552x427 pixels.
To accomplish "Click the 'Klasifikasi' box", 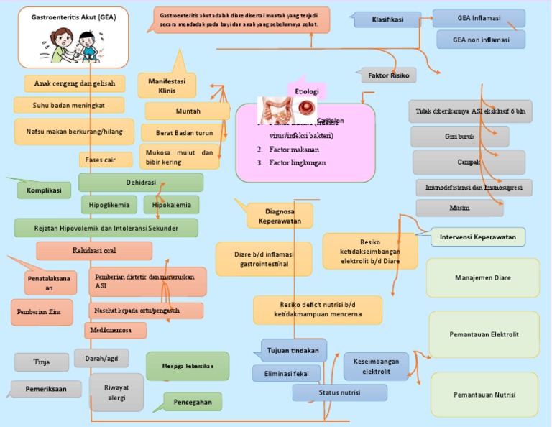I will pyautogui.click(x=387, y=19).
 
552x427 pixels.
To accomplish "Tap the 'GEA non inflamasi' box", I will pyautogui.click(x=482, y=40).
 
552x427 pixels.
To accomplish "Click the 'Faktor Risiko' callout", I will pyautogui.click(x=388, y=75).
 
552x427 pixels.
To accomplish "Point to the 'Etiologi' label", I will pyautogui.click(x=308, y=91).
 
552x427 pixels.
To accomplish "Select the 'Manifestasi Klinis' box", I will pyautogui.click(x=167, y=86).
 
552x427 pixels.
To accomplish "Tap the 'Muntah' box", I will pyautogui.click(x=188, y=111).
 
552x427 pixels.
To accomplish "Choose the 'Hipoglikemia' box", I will pyautogui.click(x=109, y=205).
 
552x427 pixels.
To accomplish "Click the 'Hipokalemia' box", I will pyautogui.click(x=172, y=205).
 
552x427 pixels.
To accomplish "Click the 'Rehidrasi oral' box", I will pyautogui.click(x=94, y=251).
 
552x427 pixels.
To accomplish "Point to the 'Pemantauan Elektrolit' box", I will pyautogui.click(x=484, y=334).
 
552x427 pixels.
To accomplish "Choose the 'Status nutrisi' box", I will pyautogui.click(x=339, y=392).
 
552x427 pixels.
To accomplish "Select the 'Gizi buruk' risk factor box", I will pyautogui.click(x=460, y=137).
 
